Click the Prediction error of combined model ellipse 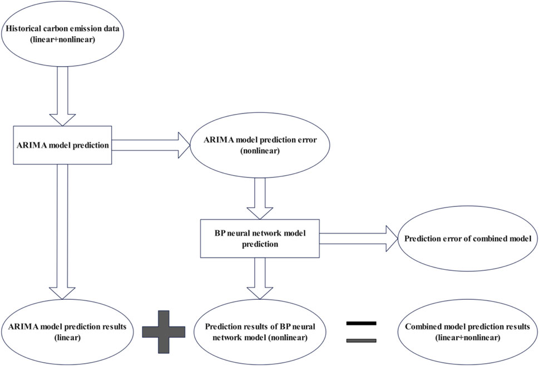pyautogui.click(x=466, y=239)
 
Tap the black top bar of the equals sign pyautogui.click(x=361, y=323)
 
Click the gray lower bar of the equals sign pyautogui.click(x=361, y=340)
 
